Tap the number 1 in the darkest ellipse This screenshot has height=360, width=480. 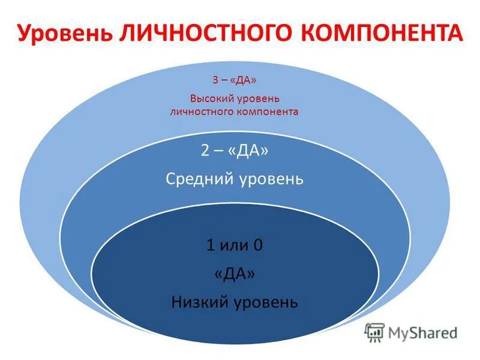210,245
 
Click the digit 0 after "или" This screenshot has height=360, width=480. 259,245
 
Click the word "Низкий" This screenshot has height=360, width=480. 199,301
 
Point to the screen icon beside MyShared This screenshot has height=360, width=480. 375,332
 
